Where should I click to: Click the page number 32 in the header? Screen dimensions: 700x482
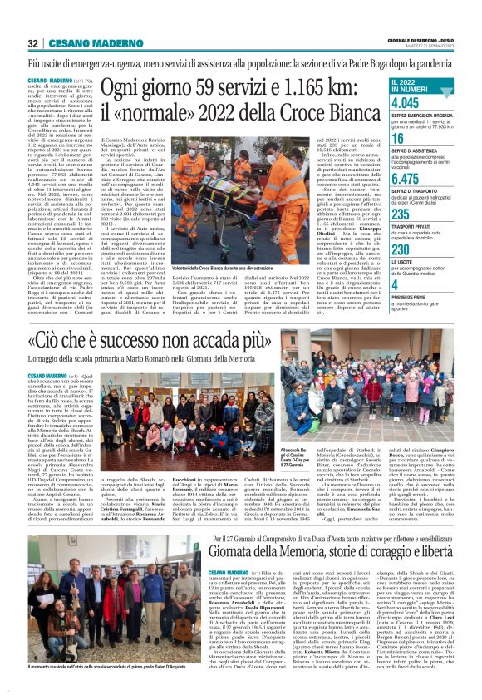click(x=33, y=43)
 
